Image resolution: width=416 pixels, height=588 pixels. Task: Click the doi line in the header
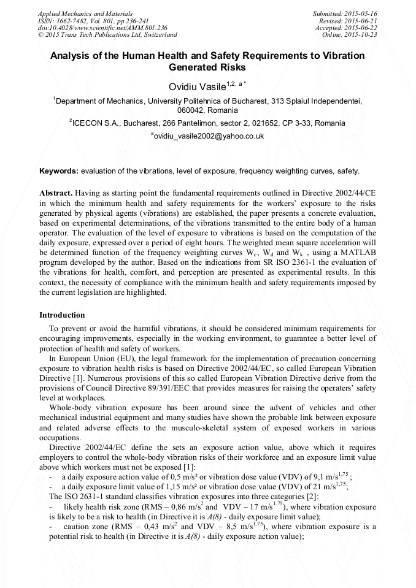click(x=102, y=28)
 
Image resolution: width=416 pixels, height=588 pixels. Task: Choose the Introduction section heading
click(x=62, y=315)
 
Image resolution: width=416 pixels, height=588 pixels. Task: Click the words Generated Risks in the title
click(x=207, y=67)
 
